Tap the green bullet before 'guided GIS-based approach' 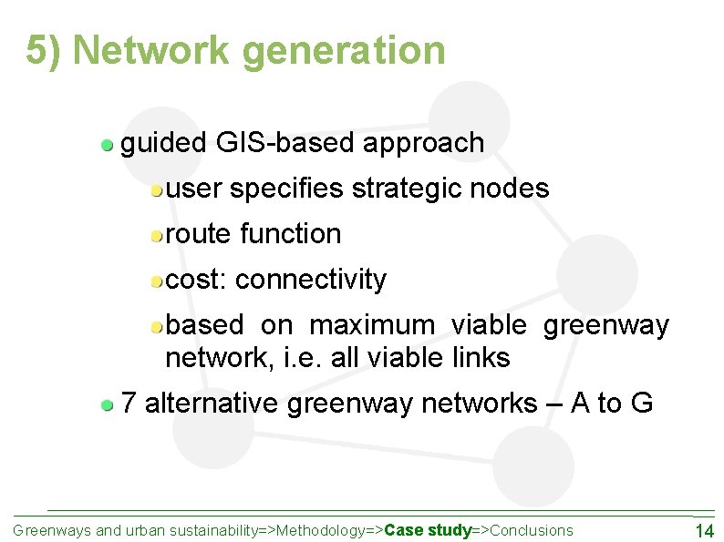point(108,144)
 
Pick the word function point(290,234)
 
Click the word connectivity point(311,280)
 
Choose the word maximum point(372,325)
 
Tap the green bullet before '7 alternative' point(108,404)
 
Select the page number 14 point(704,531)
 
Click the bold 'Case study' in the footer point(428,530)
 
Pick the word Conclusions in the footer point(533,530)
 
